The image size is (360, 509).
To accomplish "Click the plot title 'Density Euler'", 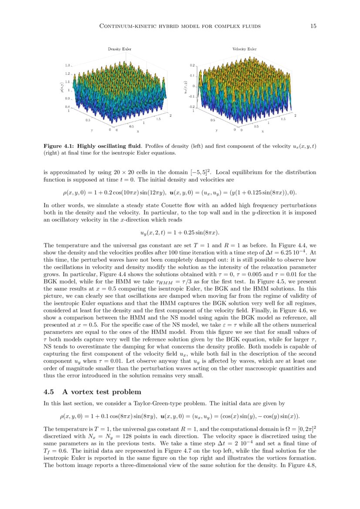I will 117,49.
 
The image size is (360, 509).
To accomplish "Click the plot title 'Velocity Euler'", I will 244,49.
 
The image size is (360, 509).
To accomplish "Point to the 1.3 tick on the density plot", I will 67,65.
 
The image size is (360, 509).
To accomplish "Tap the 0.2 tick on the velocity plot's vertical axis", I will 192,65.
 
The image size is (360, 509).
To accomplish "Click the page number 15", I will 313,26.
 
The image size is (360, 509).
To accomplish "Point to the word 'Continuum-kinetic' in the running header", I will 127,26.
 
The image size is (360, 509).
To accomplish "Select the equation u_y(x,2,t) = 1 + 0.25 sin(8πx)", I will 181,233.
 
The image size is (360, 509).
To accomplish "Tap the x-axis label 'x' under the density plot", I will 138,131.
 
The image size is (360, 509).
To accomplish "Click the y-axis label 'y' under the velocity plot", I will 216,130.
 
